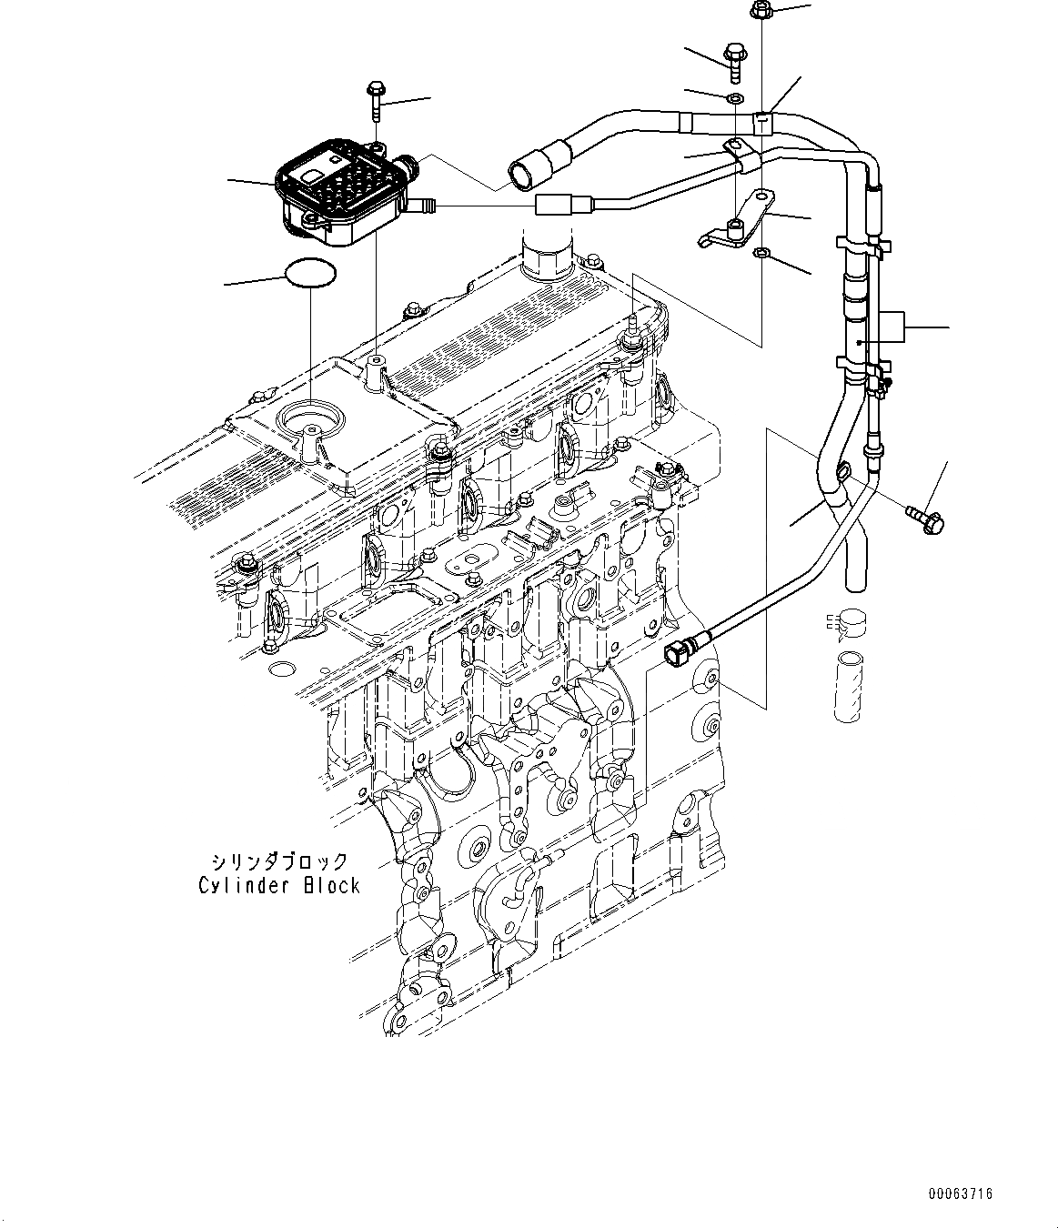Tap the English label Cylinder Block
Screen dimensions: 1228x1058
pos(279,885)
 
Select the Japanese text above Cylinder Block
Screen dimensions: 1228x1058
pos(278,861)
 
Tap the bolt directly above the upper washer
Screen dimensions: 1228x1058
pos(733,55)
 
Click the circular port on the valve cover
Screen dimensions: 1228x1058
pos(311,423)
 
